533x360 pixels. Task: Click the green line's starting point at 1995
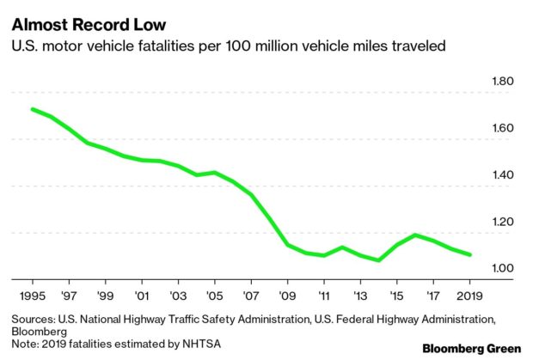(x=32, y=109)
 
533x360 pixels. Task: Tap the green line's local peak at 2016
(x=415, y=235)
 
